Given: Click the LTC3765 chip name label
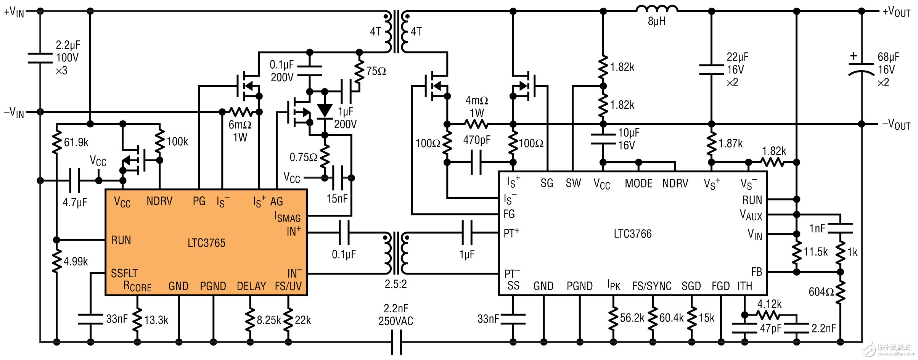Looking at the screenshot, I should (x=206, y=243).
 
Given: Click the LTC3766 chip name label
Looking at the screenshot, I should (x=632, y=234).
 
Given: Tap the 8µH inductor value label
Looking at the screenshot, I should (x=656, y=21).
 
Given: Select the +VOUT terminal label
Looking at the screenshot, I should (x=896, y=12).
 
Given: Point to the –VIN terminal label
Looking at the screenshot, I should (x=14, y=112).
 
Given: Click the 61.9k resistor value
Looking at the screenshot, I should (x=76, y=143).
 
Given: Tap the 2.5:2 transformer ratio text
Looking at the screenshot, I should (x=395, y=284).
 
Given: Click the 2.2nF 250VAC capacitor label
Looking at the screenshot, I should (x=395, y=315).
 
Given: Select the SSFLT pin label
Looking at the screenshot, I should (x=124, y=273).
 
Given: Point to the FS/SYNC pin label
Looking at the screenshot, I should (x=652, y=286).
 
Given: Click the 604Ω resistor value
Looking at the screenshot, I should (x=821, y=292).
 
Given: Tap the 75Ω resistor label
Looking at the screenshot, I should (x=376, y=71).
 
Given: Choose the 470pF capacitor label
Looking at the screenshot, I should (x=477, y=140).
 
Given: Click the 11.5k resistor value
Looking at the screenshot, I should (x=815, y=252).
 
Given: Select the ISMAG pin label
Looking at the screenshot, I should (x=288, y=217).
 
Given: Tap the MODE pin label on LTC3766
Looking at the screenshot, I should (x=638, y=184).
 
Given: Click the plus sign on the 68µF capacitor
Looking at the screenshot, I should (x=854, y=56).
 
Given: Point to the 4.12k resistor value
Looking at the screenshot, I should (x=769, y=304).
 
